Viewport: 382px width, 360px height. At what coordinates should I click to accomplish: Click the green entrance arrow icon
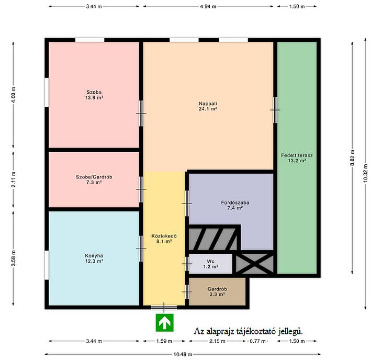[165, 322]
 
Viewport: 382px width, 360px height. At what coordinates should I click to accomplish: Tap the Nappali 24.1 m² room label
[208, 106]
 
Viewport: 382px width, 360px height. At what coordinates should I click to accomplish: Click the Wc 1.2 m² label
[210, 264]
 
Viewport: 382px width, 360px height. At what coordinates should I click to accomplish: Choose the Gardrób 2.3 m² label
[217, 291]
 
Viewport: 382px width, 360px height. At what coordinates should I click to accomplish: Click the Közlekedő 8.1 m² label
[164, 239]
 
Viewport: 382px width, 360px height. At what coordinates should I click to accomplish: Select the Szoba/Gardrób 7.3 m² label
[94, 179]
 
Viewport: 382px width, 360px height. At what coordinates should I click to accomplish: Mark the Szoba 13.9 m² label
[94, 95]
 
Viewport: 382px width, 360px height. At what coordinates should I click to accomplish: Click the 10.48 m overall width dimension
[183, 354]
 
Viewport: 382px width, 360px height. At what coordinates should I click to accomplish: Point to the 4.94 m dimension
[208, 6]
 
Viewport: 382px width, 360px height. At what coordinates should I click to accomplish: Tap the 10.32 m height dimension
[365, 173]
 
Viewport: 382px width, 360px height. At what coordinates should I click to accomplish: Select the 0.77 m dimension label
[257, 341]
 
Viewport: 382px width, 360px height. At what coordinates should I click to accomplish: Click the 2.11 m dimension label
[14, 179]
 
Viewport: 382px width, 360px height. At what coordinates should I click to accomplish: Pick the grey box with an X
[255, 263]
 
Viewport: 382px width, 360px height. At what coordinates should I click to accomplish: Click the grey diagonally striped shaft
[213, 239]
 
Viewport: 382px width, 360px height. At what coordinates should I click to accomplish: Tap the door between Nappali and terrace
[275, 110]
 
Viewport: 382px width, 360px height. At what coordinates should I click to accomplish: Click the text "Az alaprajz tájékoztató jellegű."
[248, 331]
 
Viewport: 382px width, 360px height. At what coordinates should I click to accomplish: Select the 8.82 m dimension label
[352, 158]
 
